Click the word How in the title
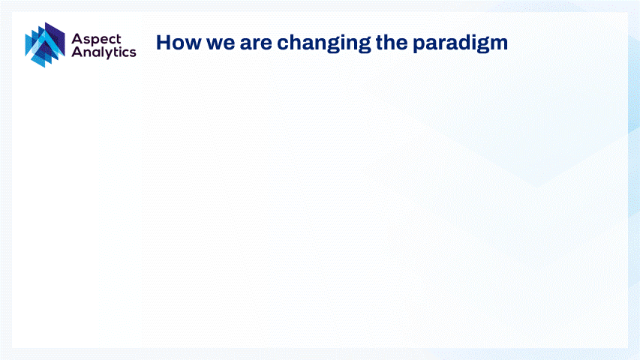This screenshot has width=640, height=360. pos(179,43)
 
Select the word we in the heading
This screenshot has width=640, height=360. pos(221,44)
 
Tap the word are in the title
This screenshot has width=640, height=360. pos(256,44)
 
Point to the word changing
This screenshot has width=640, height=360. pos(323,43)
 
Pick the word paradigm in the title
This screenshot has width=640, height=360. pos(460,43)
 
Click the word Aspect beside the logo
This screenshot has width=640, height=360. pos(96,40)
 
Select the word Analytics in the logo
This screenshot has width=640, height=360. pos(104,52)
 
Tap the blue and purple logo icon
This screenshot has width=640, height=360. pos(45,45)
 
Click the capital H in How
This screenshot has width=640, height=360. pos(164,43)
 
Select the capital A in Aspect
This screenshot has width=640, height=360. pos(77,39)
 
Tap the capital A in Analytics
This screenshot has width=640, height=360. pos(77,52)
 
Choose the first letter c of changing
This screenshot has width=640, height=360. pos(283,44)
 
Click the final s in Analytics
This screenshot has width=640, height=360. pos(133,53)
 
